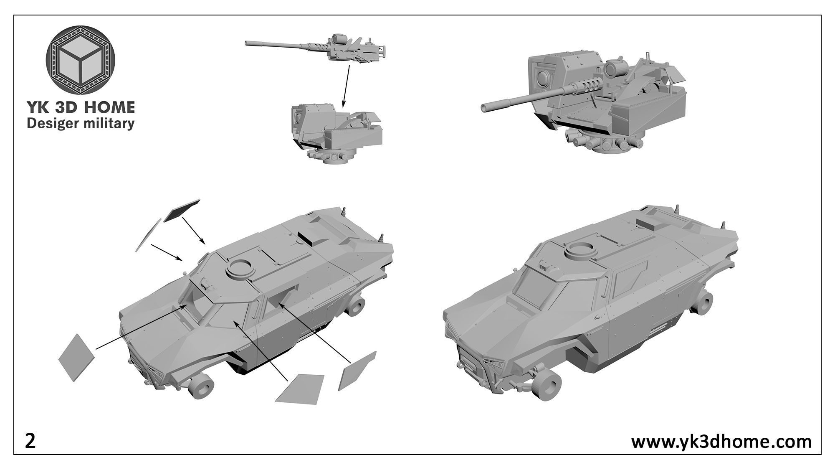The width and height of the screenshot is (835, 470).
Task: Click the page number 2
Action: tap(30, 441)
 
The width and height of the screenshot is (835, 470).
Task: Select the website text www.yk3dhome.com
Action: tap(721, 441)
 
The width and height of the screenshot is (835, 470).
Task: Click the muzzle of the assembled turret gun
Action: tap(484, 107)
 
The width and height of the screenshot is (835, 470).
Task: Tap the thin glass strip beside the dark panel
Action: tap(148, 235)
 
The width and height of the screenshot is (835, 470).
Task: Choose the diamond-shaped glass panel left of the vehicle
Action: tap(77, 357)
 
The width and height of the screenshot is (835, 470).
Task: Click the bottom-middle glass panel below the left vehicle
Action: tap(300, 389)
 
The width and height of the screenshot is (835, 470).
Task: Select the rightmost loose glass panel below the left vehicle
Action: tap(357, 371)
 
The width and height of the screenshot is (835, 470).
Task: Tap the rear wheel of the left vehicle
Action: tap(356, 305)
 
